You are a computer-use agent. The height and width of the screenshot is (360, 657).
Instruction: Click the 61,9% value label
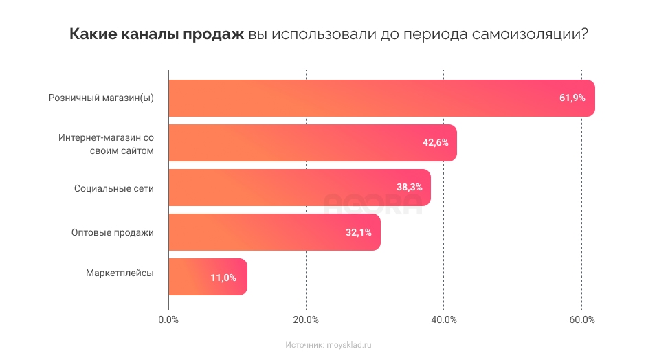[x=572, y=98]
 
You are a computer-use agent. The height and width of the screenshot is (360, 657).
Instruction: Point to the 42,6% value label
[x=435, y=143]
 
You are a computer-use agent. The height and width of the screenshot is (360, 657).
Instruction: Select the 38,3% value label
[x=409, y=188]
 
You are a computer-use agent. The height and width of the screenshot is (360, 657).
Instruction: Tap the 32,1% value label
[x=358, y=232]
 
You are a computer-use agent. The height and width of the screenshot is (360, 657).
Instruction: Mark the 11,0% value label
[x=223, y=278]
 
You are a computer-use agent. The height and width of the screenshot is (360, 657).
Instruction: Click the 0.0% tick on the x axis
[x=168, y=319]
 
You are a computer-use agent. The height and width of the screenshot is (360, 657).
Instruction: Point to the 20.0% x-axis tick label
[x=306, y=319]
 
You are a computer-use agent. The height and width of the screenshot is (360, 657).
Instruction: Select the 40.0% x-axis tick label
[x=444, y=319]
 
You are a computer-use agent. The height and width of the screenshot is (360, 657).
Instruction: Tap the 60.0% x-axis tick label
[x=581, y=319]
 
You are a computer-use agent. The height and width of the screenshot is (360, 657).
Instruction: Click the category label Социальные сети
[x=114, y=188]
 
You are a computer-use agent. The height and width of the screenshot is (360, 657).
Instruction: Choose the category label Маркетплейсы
[x=120, y=273]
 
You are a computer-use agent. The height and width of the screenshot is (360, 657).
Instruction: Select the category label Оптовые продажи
[x=113, y=232]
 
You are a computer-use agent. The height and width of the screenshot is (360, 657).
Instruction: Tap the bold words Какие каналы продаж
[x=157, y=35]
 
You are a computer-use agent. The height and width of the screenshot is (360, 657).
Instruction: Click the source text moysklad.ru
[x=348, y=345]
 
